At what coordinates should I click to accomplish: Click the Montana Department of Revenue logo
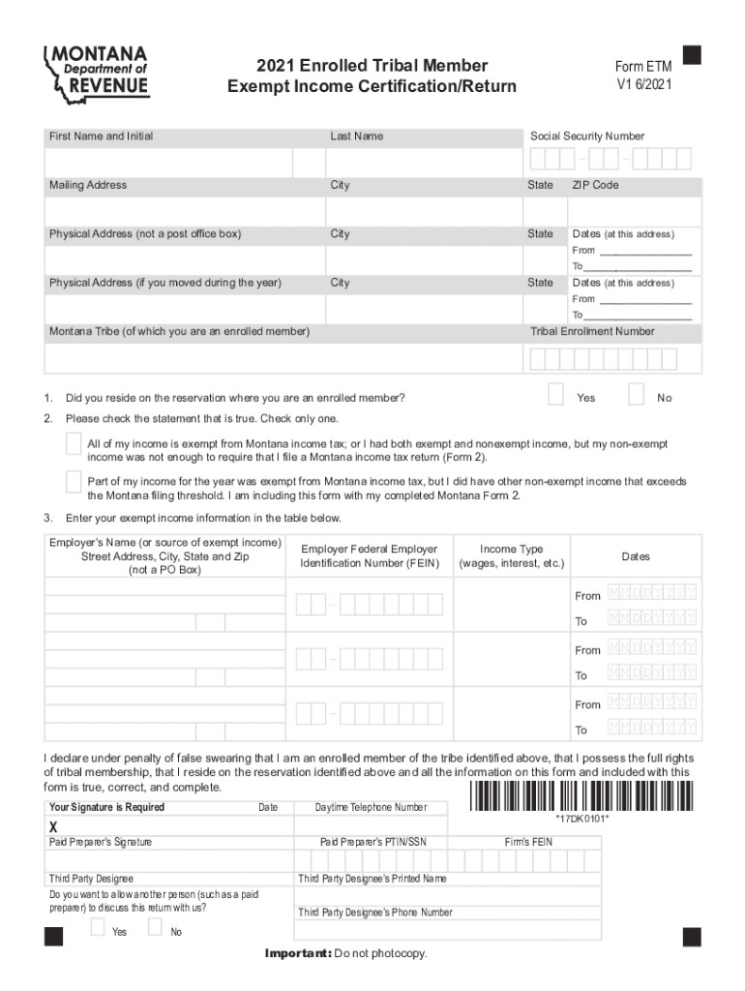[x=97, y=72]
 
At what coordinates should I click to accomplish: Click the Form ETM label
[x=643, y=66]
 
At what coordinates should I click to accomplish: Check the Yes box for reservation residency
[x=556, y=394]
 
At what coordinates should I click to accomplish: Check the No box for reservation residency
[x=637, y=394]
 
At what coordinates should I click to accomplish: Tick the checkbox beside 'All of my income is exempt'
[x=74, y=443]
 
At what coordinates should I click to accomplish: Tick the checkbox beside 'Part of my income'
[x=74, y=481]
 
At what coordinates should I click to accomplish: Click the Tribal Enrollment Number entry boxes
[x=611, y=359]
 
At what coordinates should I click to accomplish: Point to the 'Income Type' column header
[x=511, y=556]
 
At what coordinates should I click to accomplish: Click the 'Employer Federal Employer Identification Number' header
[x=369, y=556]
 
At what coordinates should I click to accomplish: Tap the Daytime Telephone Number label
[x=371, y=807]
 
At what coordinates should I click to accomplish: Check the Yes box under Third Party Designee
[x=98, y=926]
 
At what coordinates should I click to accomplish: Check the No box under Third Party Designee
[x=155, y=926]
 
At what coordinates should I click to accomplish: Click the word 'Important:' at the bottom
[x=298, y=954]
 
